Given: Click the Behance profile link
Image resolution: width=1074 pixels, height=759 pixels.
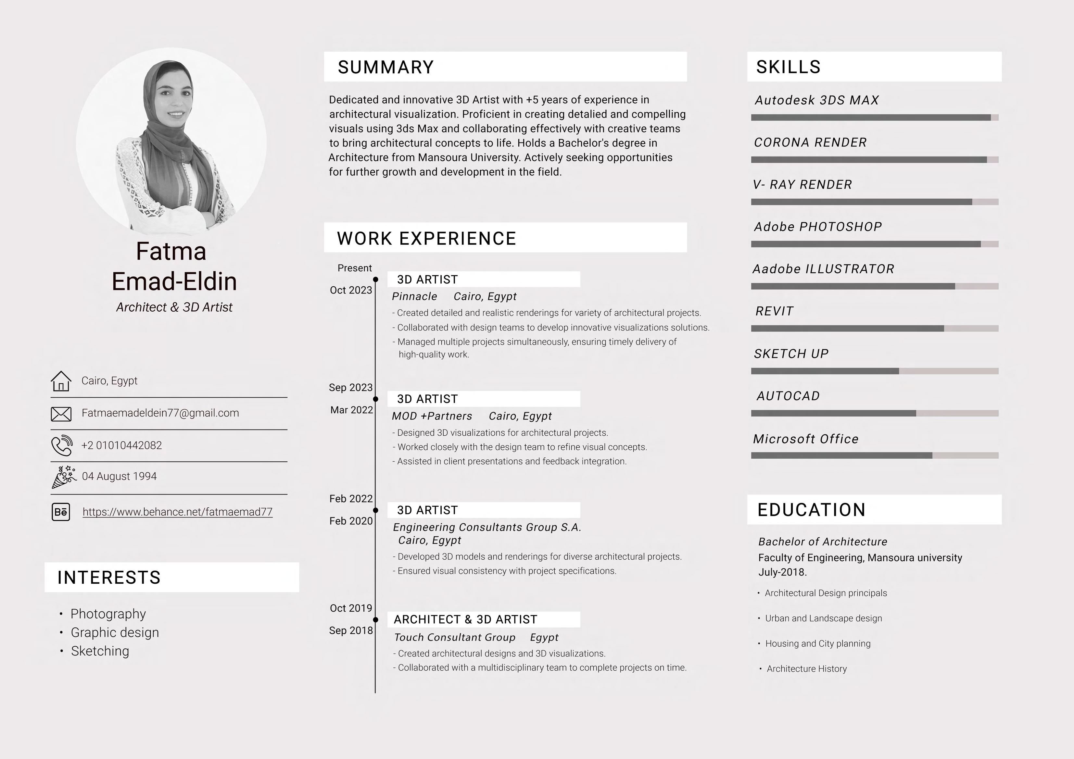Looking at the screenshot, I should pos(177,512).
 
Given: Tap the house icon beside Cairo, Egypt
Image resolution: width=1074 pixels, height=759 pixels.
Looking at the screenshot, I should pos(61,381).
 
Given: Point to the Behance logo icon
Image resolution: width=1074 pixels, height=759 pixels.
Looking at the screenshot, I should pos(61,512).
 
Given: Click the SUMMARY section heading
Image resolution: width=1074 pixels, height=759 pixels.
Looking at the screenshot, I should pos(385,67).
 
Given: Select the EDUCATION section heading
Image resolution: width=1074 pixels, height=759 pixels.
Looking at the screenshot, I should pos(811,510).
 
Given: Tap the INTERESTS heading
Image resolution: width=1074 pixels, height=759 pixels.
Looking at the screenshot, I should pos(109,578).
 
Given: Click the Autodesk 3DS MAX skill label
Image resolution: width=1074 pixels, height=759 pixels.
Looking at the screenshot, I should pos(817,100).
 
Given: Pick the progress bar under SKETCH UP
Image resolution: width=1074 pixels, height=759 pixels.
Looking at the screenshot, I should pos(874,371).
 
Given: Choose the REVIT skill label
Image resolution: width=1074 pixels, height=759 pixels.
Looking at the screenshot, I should pos(774,311).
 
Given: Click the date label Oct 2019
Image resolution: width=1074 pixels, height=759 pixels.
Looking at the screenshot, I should pos(351,608).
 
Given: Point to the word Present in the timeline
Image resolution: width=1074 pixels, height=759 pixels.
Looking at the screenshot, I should pos(355,268).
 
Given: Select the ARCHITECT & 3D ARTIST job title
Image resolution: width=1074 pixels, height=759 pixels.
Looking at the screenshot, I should pos(465,620).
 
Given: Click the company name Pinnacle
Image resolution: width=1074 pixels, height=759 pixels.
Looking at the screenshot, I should pos(414,296).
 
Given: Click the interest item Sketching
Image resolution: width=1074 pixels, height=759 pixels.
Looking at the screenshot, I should pos(100,651).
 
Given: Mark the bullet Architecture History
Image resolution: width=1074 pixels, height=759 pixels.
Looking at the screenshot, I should pos(806,669).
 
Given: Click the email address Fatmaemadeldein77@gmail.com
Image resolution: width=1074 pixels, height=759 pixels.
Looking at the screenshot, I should pos(160,413).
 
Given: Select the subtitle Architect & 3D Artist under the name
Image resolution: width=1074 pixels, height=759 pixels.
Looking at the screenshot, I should pos(174,307).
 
